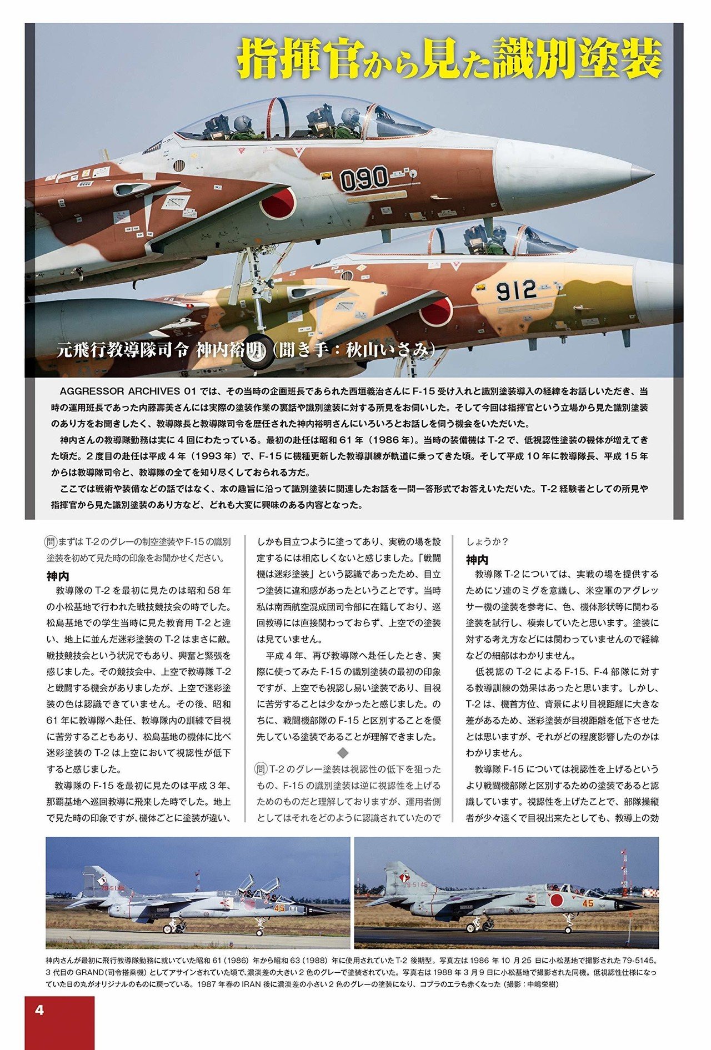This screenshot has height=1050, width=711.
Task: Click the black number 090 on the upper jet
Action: coord(364,178)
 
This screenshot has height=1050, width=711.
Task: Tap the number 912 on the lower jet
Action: coord(515,290)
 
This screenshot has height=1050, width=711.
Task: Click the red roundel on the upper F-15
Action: coord(278,203)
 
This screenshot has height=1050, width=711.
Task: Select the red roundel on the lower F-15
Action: coord(436,311)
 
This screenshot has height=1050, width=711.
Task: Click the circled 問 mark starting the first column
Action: coord(51,541)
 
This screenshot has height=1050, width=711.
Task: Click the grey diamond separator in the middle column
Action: coord(343,753)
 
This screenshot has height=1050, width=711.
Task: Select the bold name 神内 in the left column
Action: coord(58,576)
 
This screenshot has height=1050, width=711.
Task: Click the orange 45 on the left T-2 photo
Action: coord(279,908)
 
